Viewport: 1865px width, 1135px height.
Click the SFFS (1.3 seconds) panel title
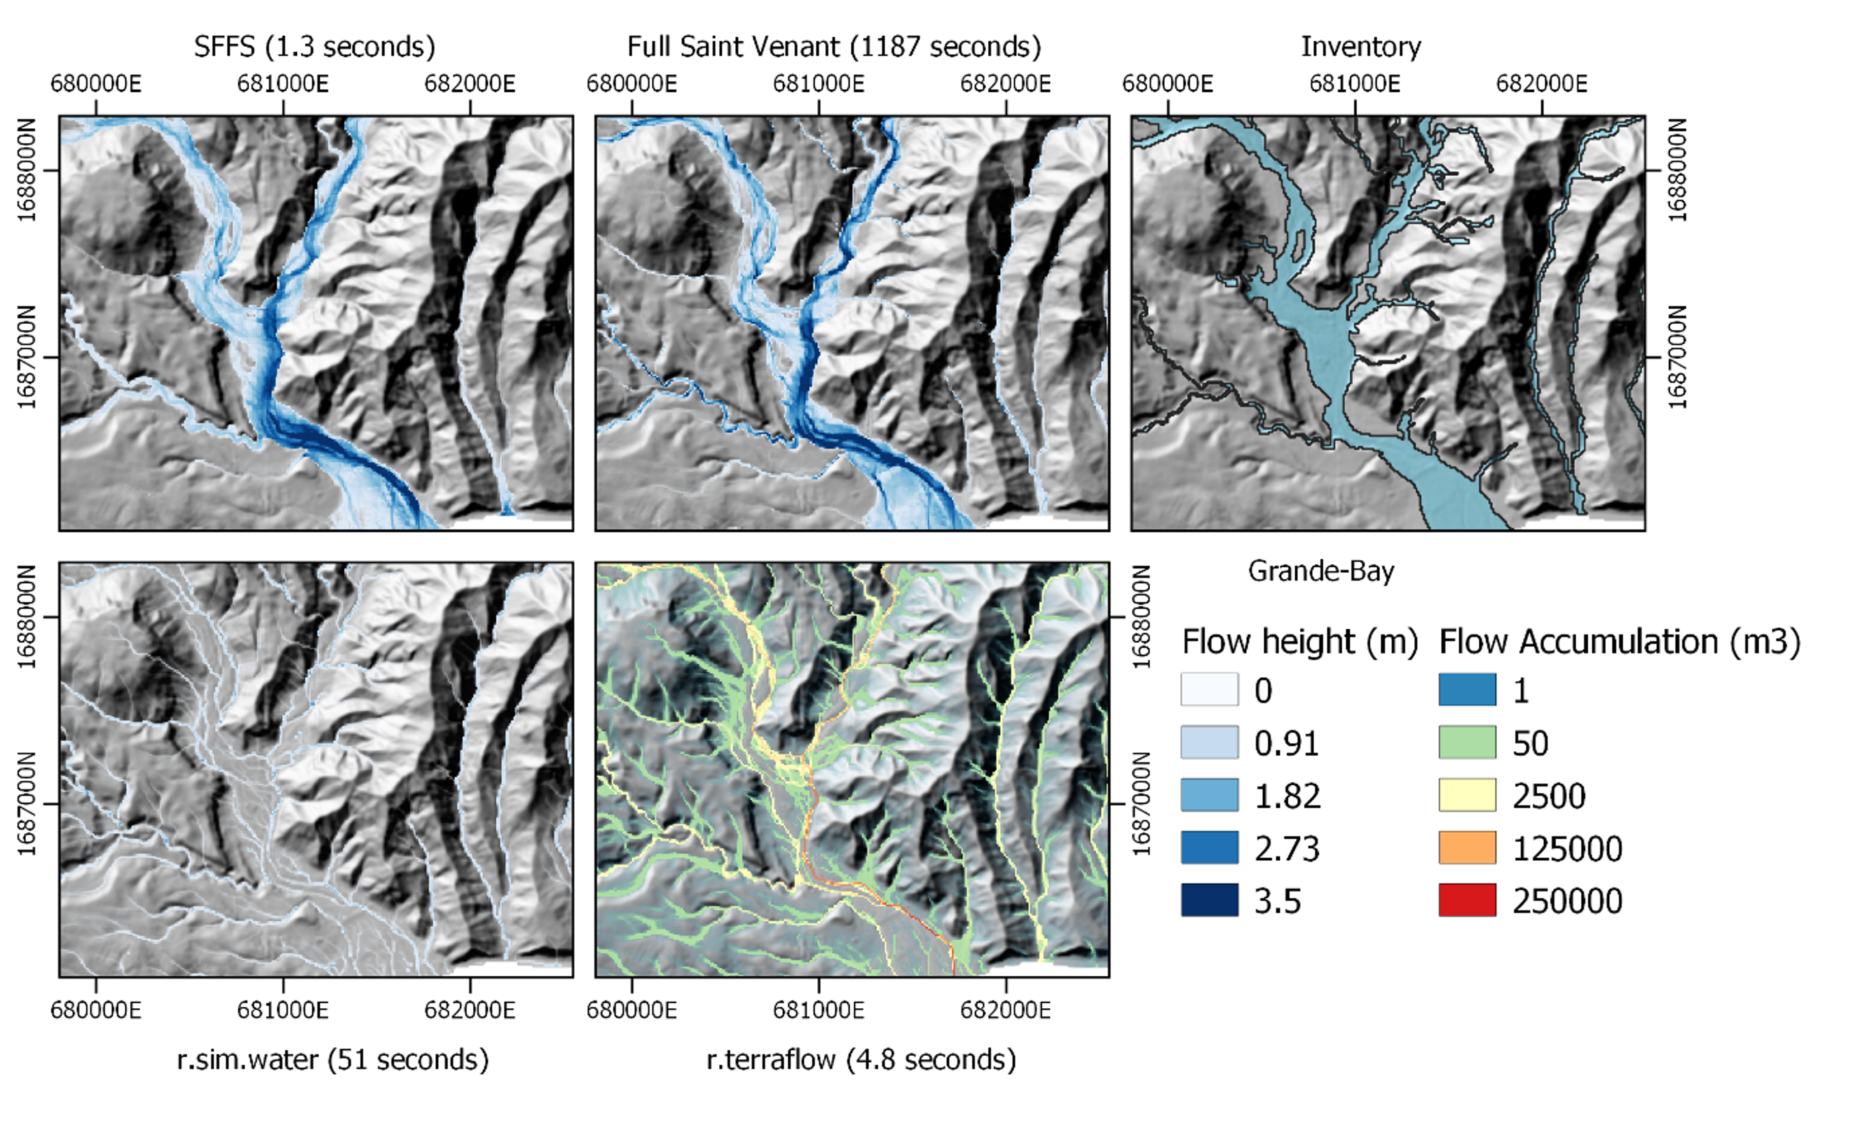tap(314, 47)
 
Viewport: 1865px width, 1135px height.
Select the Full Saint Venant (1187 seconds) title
tap(833, 47)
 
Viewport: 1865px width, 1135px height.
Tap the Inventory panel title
tap(1360, 47)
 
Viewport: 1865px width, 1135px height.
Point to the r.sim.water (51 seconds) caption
tap(332, 1059)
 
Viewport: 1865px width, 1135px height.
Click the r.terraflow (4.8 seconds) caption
tap(861, 1059)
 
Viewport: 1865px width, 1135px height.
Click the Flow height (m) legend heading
tap(1299, 642)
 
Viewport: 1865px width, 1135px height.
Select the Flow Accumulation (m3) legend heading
tap(1619, 642)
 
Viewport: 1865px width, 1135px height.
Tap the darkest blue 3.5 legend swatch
tap(1210, 900)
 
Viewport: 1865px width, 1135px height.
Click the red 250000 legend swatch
tap(1467, 900)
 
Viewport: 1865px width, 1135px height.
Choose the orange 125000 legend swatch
tap(1467, 848)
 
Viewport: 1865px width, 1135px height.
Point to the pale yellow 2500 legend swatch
tap(1467, 795)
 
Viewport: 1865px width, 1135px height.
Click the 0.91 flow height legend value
tap(1286, 744)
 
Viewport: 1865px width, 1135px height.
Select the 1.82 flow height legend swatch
tap(1210, 795)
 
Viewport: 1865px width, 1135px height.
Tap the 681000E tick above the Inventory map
tap(1354, 83)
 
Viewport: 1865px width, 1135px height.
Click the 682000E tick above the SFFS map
tap(470, 83)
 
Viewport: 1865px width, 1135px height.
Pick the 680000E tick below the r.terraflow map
tap(631, 1010)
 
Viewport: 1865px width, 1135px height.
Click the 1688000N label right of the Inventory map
tap(1677, 170)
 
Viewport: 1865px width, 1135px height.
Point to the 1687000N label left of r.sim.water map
tap(27, 803)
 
